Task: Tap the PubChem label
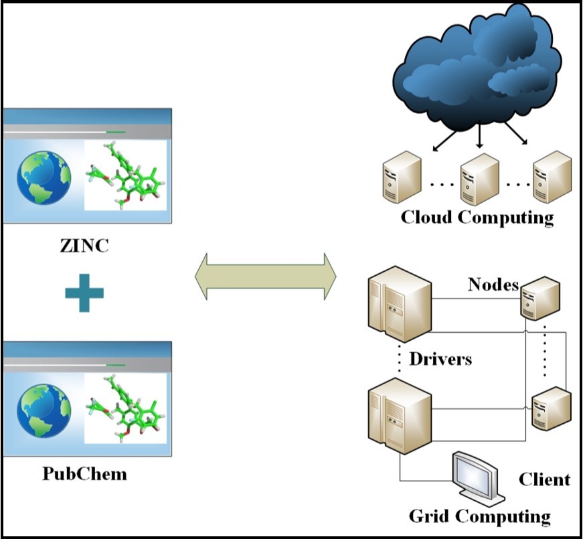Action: (x=84, y=474)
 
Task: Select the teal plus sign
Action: (x=84, y=292)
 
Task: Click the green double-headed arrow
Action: (x=265, y=276)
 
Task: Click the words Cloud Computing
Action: (x=477, y=218)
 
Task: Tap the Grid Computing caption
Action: (x=479, y=516)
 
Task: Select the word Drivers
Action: (x=440, y=359)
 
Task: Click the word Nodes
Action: (x=493, y=285)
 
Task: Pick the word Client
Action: (x=544, y=479)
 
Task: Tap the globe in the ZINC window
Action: (x=44, y=177)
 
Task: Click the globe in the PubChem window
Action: (x=44, y=410)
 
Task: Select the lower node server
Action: (x=550, y=408)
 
